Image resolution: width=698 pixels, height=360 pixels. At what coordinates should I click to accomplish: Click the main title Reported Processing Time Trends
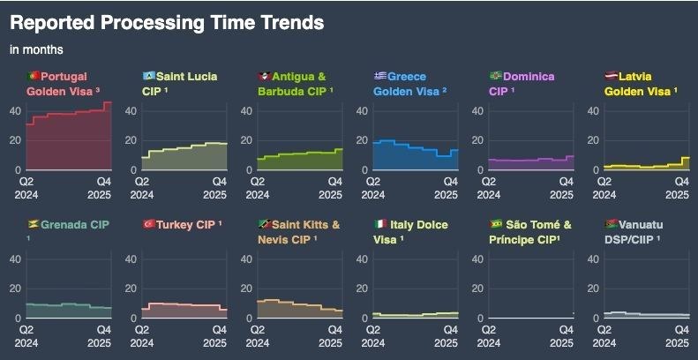[x=167, y=22]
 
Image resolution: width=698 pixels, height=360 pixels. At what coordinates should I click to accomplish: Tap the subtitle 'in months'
[x=36, y=49]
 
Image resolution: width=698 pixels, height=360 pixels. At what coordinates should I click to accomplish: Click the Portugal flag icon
[x=33, y=77]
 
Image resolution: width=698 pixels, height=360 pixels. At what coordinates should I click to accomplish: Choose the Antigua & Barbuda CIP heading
[x=296, y=84]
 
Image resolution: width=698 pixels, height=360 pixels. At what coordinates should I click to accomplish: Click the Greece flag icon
[x=379, y=77]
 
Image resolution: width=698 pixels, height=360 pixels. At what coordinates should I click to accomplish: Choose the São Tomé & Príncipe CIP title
[x=530, y=231]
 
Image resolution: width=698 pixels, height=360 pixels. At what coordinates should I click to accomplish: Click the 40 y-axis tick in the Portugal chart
[x=15, y=111]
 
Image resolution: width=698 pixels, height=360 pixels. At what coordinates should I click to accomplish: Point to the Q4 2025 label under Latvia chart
[x=677, y=187]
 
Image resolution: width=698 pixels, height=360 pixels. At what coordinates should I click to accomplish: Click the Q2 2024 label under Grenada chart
[x=26, y=335]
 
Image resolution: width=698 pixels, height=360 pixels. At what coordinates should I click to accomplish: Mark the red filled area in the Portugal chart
[x=71, y=146]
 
